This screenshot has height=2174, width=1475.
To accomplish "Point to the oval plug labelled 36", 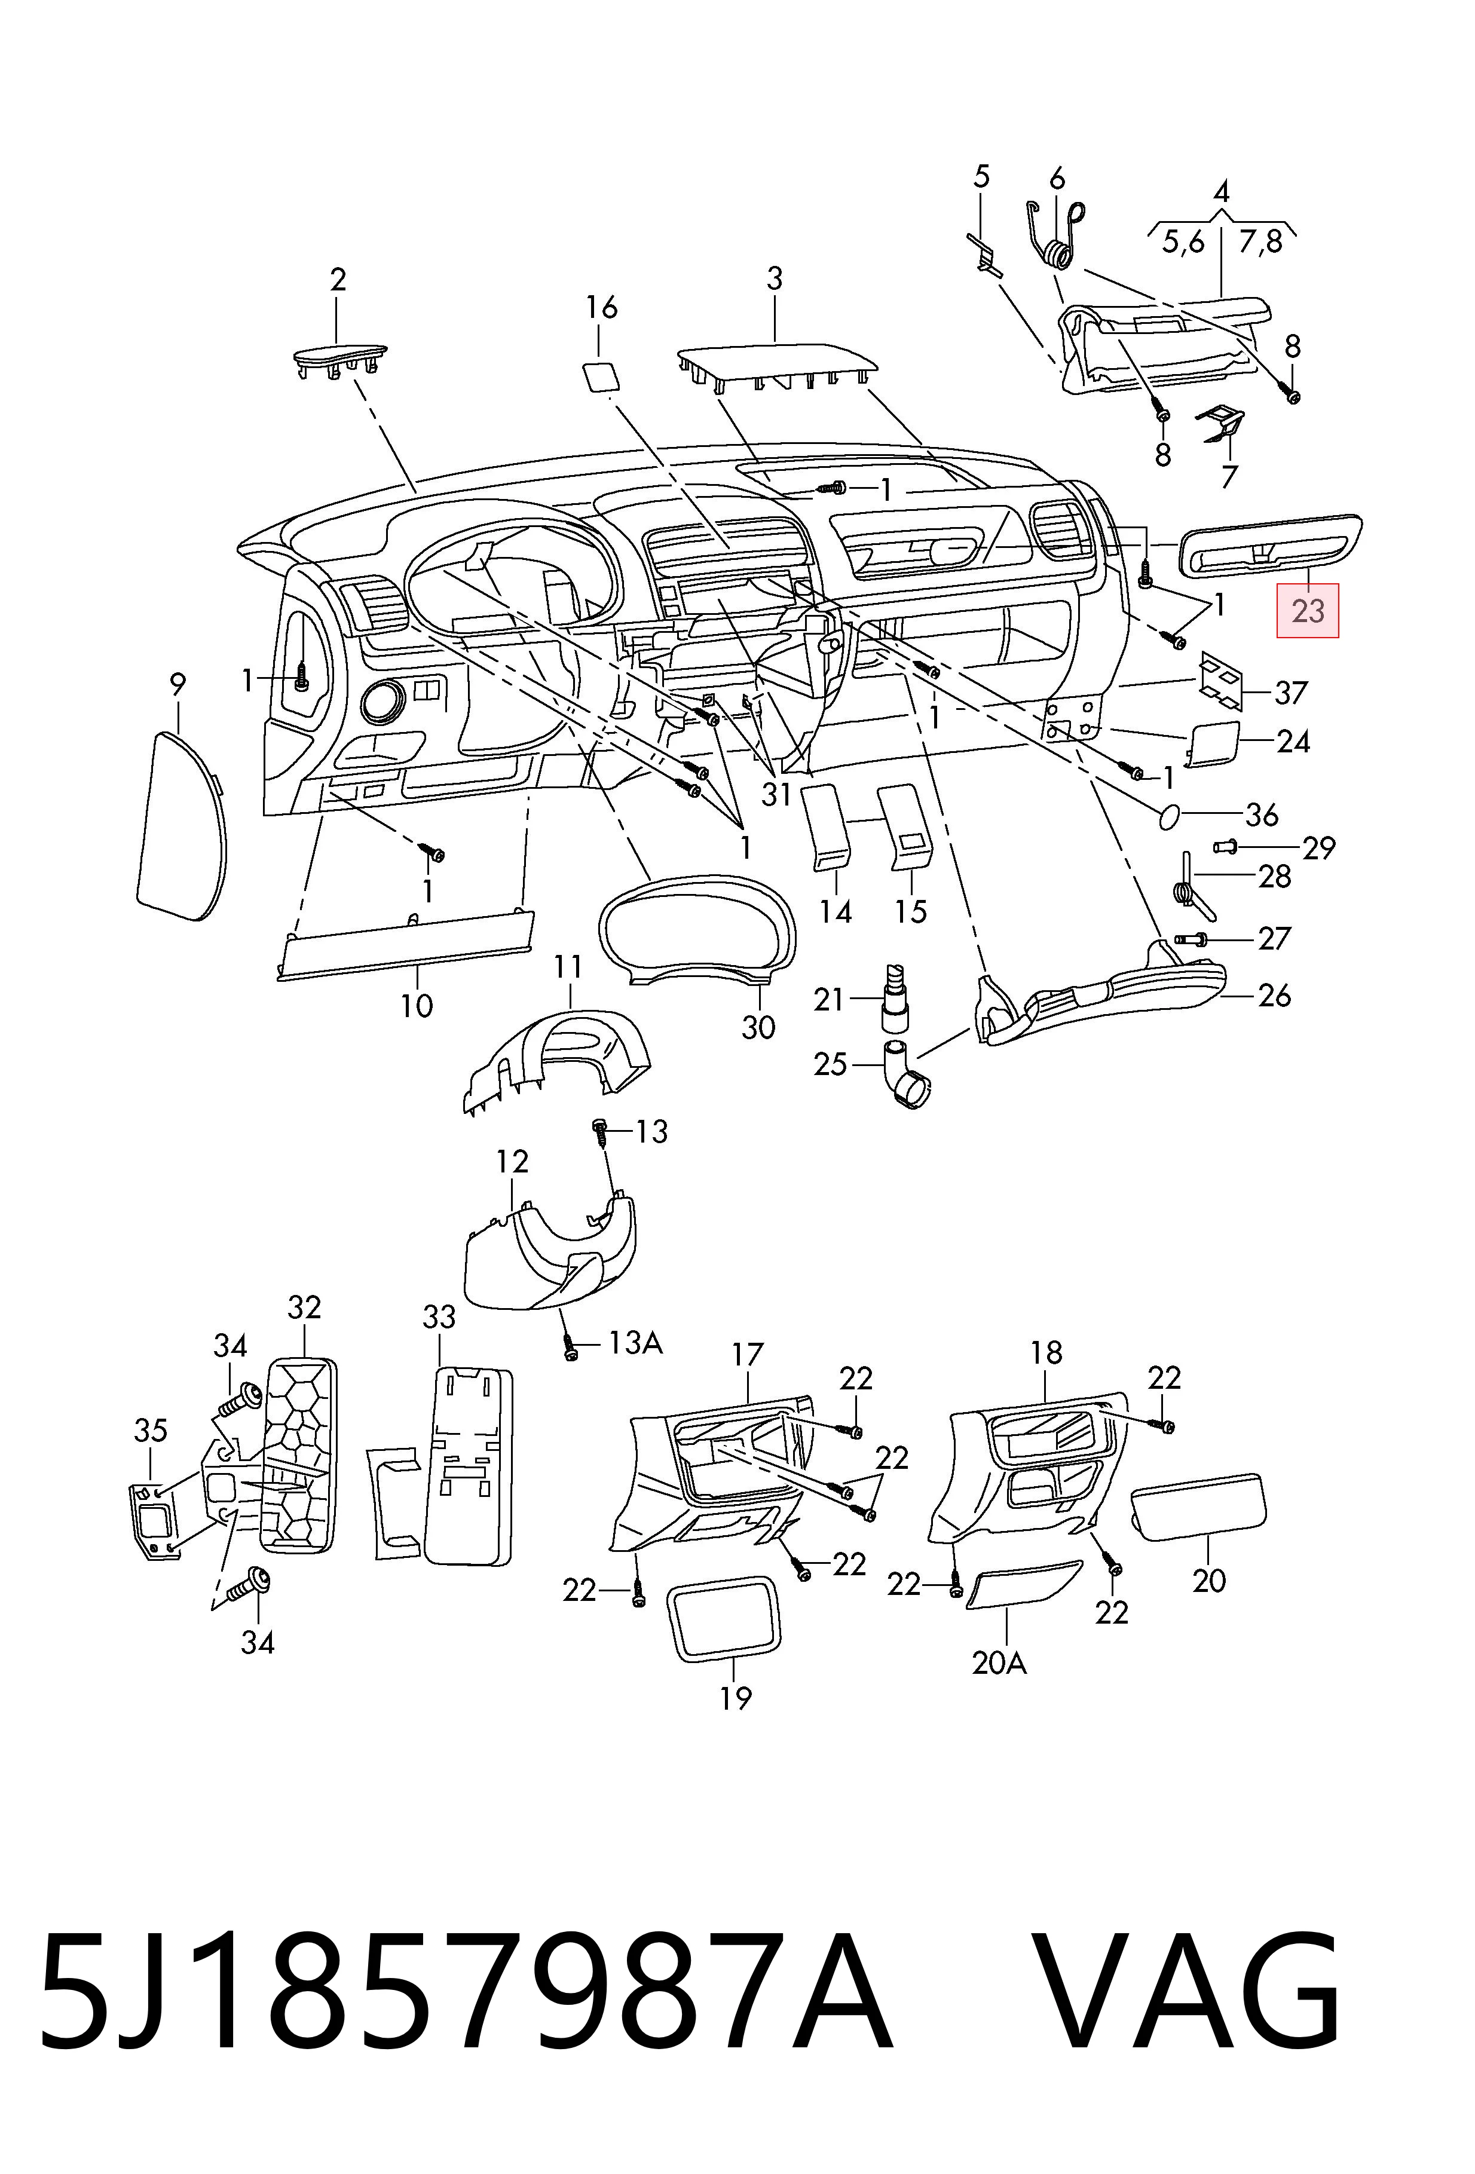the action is (1169, 816).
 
